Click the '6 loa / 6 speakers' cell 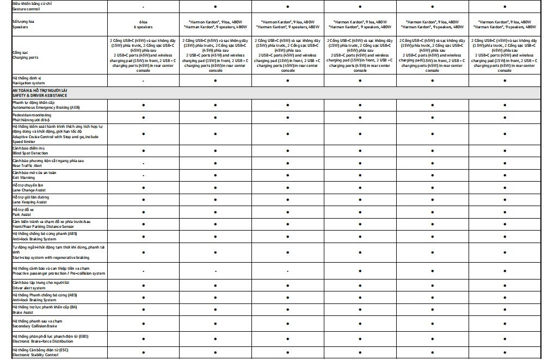tap(143, 24)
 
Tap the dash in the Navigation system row tap(143, 80)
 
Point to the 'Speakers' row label tap(20, 27)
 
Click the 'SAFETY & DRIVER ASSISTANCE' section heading tap(40, 95)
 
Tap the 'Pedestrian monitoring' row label tap(32, 115)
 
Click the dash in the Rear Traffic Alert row tap(143, 163)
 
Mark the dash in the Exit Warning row tap(143, 175)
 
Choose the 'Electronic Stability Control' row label tap(35, 355)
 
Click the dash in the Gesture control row tap(143, 7)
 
